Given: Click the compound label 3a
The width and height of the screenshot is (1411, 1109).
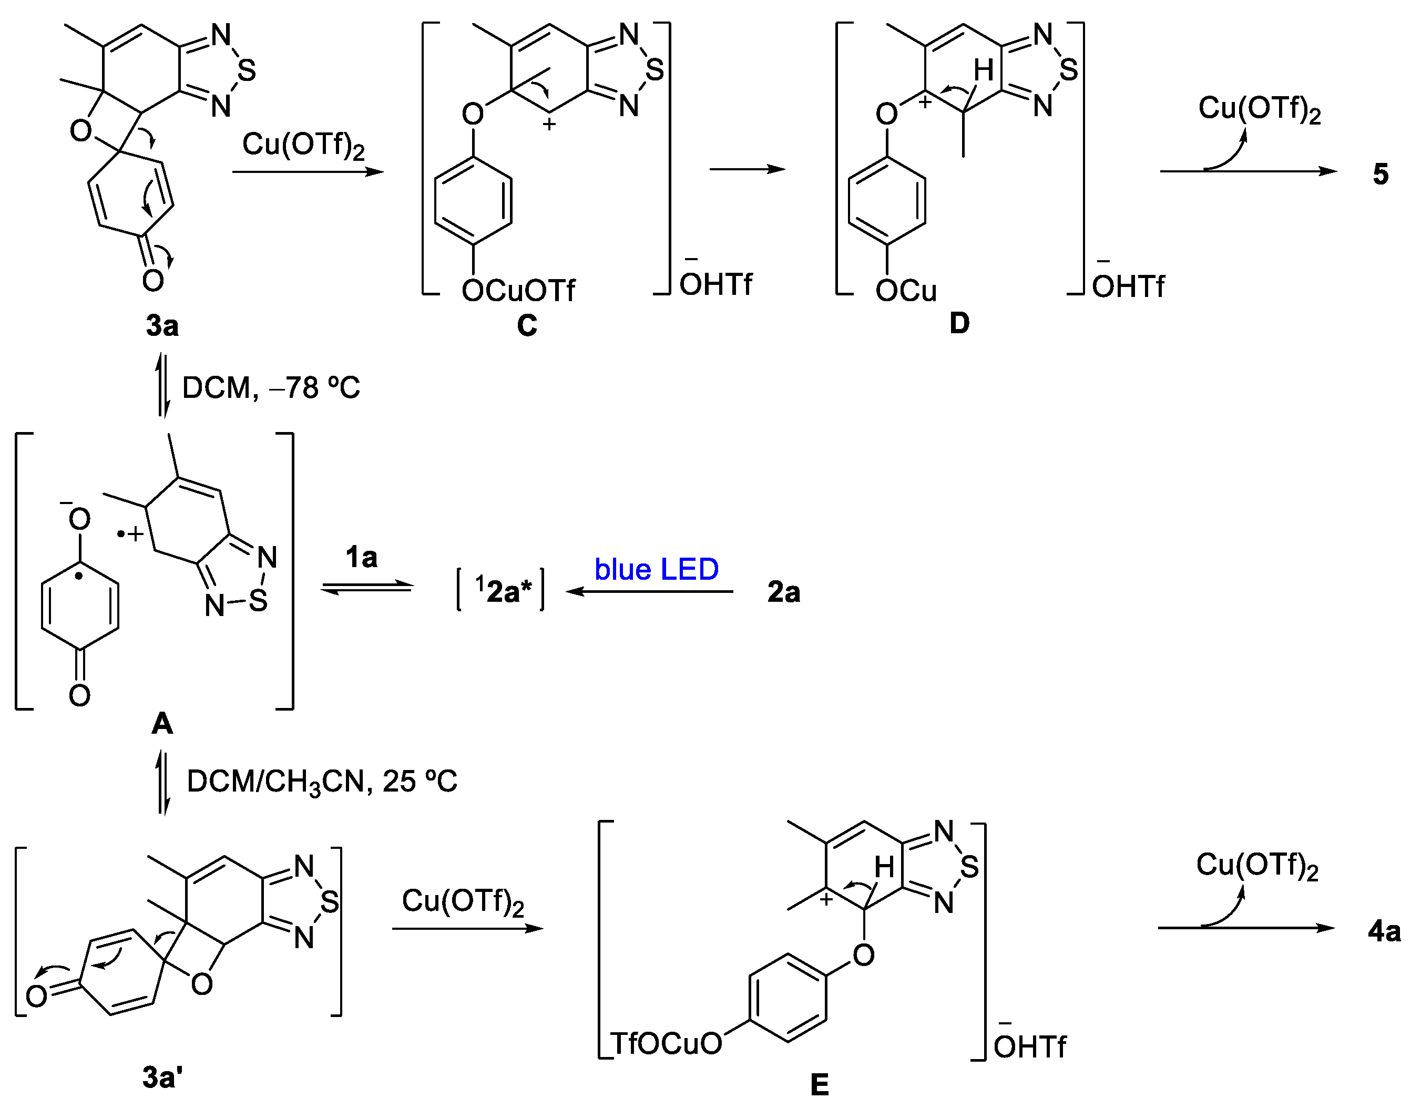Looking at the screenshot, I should tap(162, 325).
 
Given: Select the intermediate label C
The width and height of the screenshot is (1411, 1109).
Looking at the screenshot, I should tap(527, 325).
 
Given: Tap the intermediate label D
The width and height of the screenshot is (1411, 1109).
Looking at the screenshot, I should tap(959, 323).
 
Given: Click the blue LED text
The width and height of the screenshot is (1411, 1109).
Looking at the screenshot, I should tap(657, 569).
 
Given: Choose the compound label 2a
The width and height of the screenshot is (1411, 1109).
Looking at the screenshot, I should tap(784, 592).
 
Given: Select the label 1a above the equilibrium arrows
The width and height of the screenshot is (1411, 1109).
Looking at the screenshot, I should tap(361, 557).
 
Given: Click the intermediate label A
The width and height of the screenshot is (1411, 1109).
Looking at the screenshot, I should tap(162, 723).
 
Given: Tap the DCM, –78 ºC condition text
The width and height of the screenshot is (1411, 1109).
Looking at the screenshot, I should tap(271, 388).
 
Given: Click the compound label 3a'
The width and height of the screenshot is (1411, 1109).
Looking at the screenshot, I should tap(162, 1078).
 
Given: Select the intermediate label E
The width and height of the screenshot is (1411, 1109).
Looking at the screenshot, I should tap(820, 1084).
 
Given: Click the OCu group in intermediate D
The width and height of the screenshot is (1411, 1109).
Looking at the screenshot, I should tap(906, 291).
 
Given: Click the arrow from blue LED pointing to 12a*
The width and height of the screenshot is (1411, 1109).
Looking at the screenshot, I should tap(649, 591).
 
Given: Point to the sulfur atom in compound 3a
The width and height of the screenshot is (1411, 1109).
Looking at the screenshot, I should tap(247, 70).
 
